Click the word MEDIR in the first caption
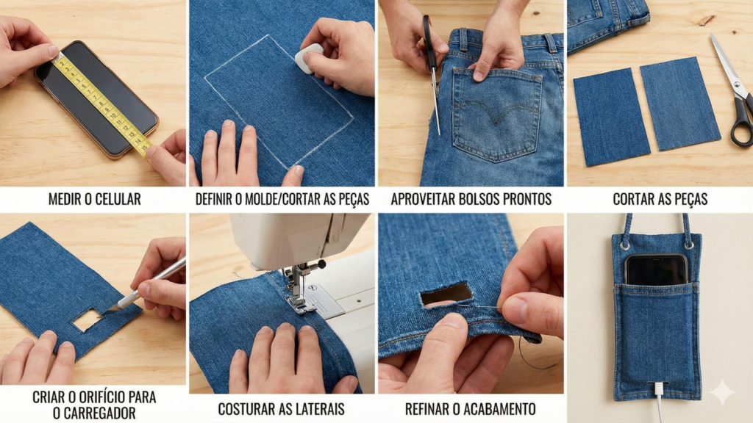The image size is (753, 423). point(67,199)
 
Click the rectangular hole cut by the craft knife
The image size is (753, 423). point(86,319)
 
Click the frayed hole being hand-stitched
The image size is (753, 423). point(446,294)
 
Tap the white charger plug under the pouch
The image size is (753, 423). point(658,389)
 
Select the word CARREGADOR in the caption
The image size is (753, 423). point(93,413)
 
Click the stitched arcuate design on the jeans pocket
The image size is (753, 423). point(498,109)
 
